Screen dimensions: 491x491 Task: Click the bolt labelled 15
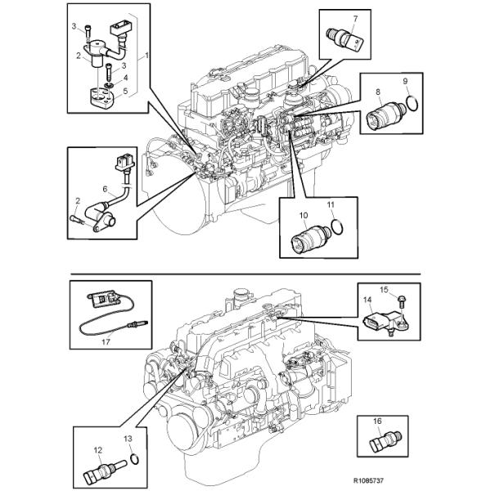403,305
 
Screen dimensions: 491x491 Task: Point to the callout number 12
97,449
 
